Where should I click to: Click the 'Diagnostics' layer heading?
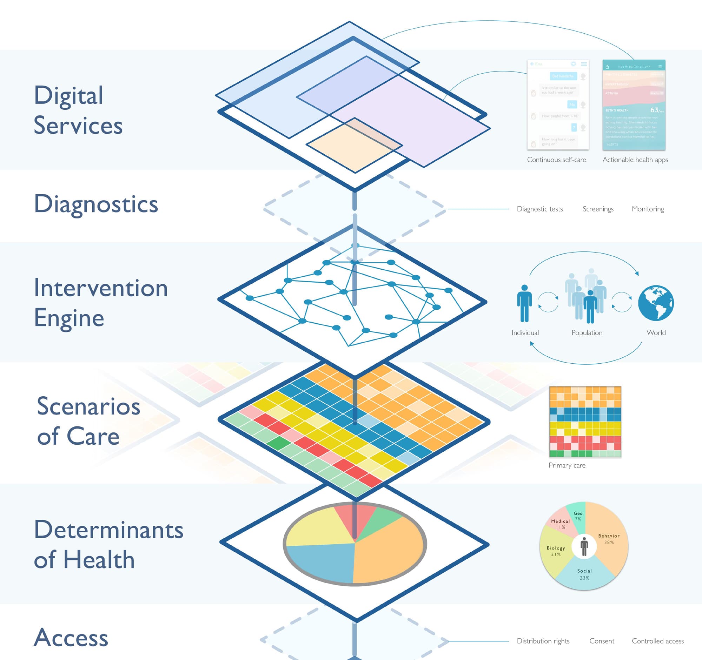pos(96,204)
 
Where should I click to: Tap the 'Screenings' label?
pos(598,209)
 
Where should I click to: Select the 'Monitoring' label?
pos(648,209)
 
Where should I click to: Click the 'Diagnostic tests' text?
pos(539,209)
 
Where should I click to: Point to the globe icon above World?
pos(656,303)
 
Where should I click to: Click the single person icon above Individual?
pos(524,303)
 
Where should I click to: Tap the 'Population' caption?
pos(587,333)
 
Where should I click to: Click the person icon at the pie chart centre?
pos(584,546)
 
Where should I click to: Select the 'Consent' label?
pos(602,641)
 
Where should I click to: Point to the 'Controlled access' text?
pos(657,641)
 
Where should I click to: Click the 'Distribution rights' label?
pos(543,641)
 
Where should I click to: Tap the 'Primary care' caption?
pos(567,465)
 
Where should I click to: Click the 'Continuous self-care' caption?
pos(557,160)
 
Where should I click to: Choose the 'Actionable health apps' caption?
pos(635,160)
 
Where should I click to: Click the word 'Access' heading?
pos(71,638)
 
